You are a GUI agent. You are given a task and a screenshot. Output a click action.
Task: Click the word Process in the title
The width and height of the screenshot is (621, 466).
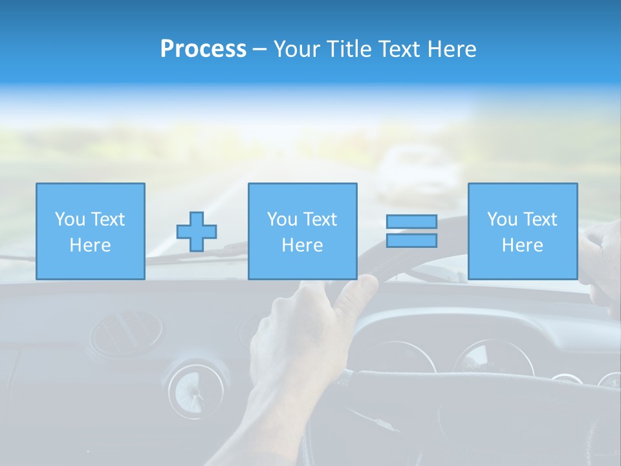203,49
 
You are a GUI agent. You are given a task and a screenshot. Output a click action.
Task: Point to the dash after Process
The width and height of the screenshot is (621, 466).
259,50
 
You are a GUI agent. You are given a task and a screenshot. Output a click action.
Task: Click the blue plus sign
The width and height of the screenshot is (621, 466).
197,231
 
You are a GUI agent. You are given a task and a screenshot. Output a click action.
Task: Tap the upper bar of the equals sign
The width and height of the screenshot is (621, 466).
411,222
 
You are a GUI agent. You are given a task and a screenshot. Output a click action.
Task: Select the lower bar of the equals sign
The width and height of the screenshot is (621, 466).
411,241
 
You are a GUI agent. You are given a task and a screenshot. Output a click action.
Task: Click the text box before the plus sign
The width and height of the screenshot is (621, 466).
90,231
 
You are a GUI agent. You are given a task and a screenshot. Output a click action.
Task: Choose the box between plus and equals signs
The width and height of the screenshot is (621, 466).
302,231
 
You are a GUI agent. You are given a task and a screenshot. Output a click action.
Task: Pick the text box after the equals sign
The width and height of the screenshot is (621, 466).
522,231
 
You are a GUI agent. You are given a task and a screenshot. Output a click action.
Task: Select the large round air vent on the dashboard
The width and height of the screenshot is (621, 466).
126,333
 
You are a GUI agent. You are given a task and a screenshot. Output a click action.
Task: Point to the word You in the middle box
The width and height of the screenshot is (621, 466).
282,219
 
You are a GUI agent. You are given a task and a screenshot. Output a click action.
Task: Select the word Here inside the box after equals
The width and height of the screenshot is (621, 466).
522,245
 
